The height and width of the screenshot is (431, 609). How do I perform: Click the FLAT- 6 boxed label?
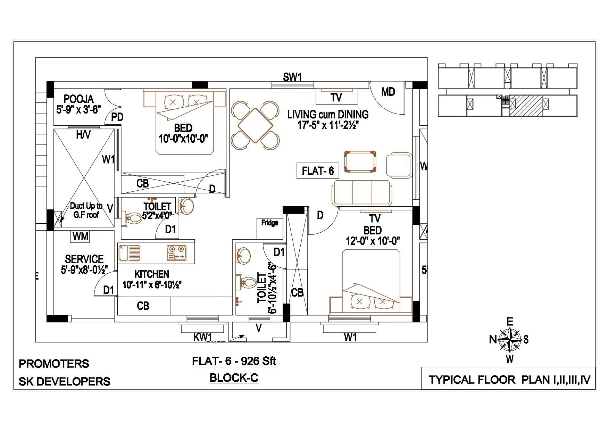(317, 171)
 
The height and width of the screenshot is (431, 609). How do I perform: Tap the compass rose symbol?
(509, 340)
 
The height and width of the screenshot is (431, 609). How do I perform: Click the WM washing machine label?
(81, 237)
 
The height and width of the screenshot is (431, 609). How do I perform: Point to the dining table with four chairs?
(255, 125)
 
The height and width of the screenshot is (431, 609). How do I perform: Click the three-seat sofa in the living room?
(362, 193)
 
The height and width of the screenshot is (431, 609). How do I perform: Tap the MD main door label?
(388, 92)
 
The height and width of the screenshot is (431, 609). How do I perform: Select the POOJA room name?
(78, 99)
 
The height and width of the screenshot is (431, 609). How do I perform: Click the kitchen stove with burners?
(176, 253)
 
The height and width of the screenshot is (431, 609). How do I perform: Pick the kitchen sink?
(129, 253)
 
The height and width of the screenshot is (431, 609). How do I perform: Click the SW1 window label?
(292, 77)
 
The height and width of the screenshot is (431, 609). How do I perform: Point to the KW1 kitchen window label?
(203, 337)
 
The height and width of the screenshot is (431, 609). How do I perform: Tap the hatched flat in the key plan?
(526, 106)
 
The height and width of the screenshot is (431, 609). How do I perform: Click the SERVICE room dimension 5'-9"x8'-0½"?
(84, 270)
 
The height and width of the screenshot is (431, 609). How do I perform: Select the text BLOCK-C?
(234, 378)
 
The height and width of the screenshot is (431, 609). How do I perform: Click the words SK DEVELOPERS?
(64, 382)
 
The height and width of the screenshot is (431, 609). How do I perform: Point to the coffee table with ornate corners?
(360, 161)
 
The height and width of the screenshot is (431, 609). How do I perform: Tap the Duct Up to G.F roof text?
(86, 210)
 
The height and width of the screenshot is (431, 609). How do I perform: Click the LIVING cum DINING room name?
(328, 114)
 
